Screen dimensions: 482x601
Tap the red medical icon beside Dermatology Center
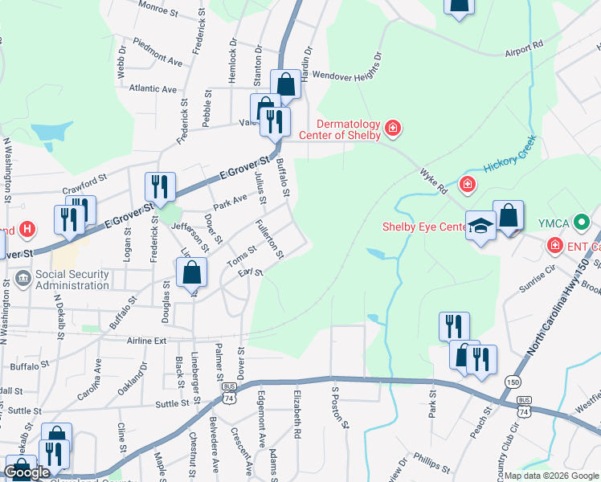(393, 128)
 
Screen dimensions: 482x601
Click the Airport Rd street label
(525, 48)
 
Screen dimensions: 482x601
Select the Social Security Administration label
(72, 280)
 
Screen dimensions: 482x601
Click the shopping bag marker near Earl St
(192, 273)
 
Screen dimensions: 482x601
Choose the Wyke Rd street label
(433, 182)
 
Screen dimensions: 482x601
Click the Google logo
(27, 472)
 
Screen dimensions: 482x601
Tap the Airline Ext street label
(147, 341)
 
